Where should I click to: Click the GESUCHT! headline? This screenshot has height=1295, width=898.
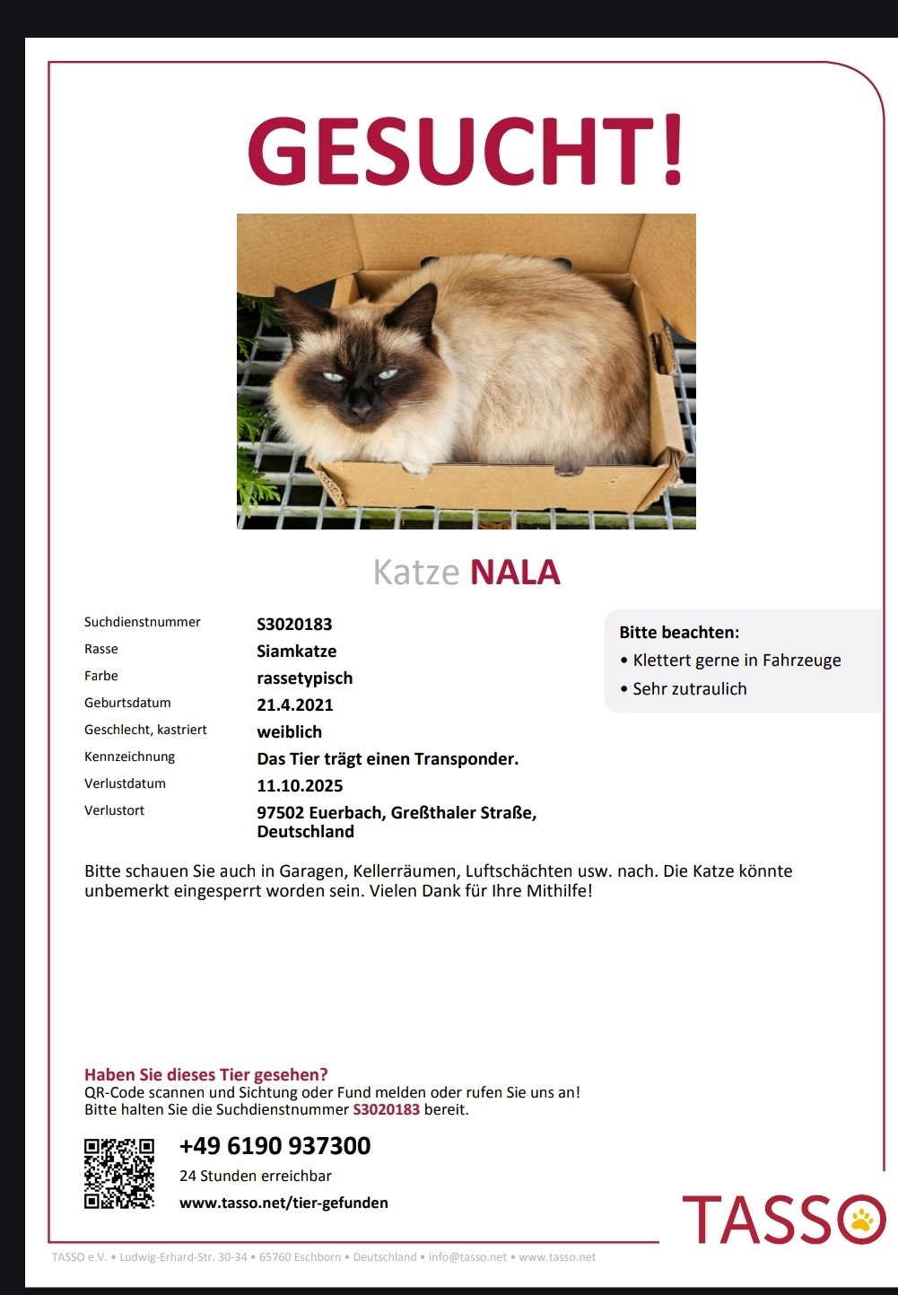[x=466, y=150]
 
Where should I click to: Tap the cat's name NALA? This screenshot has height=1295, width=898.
[x=515, y=573]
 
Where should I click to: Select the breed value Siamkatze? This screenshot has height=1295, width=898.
[x=297, y=651]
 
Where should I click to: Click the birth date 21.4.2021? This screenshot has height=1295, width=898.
[x=295, y=704]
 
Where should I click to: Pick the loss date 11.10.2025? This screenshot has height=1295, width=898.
[x=300, y=785]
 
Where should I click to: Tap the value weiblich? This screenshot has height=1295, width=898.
[x=289, y=731]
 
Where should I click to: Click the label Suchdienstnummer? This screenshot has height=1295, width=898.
[x=143, y=622]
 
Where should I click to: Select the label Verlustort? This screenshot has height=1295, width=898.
[x=114, y=810]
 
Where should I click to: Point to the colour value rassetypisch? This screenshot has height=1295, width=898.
[x=304, y=678]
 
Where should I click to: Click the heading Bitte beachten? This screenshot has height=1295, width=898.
[x=679, y=632]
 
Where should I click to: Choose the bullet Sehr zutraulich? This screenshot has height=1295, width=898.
[x=689, y=688]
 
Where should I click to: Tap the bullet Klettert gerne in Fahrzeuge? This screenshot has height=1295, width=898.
[x=737, y=660]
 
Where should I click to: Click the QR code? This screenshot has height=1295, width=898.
[x=119, y=1173]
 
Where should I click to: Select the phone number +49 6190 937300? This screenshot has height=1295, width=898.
[x=275, y=1146]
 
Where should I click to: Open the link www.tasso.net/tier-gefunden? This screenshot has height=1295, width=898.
[x=283, y=1203]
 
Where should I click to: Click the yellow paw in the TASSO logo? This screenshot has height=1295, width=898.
[x=863, y=1219]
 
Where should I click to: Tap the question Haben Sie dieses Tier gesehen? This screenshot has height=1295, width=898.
[x=205, y=1074]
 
